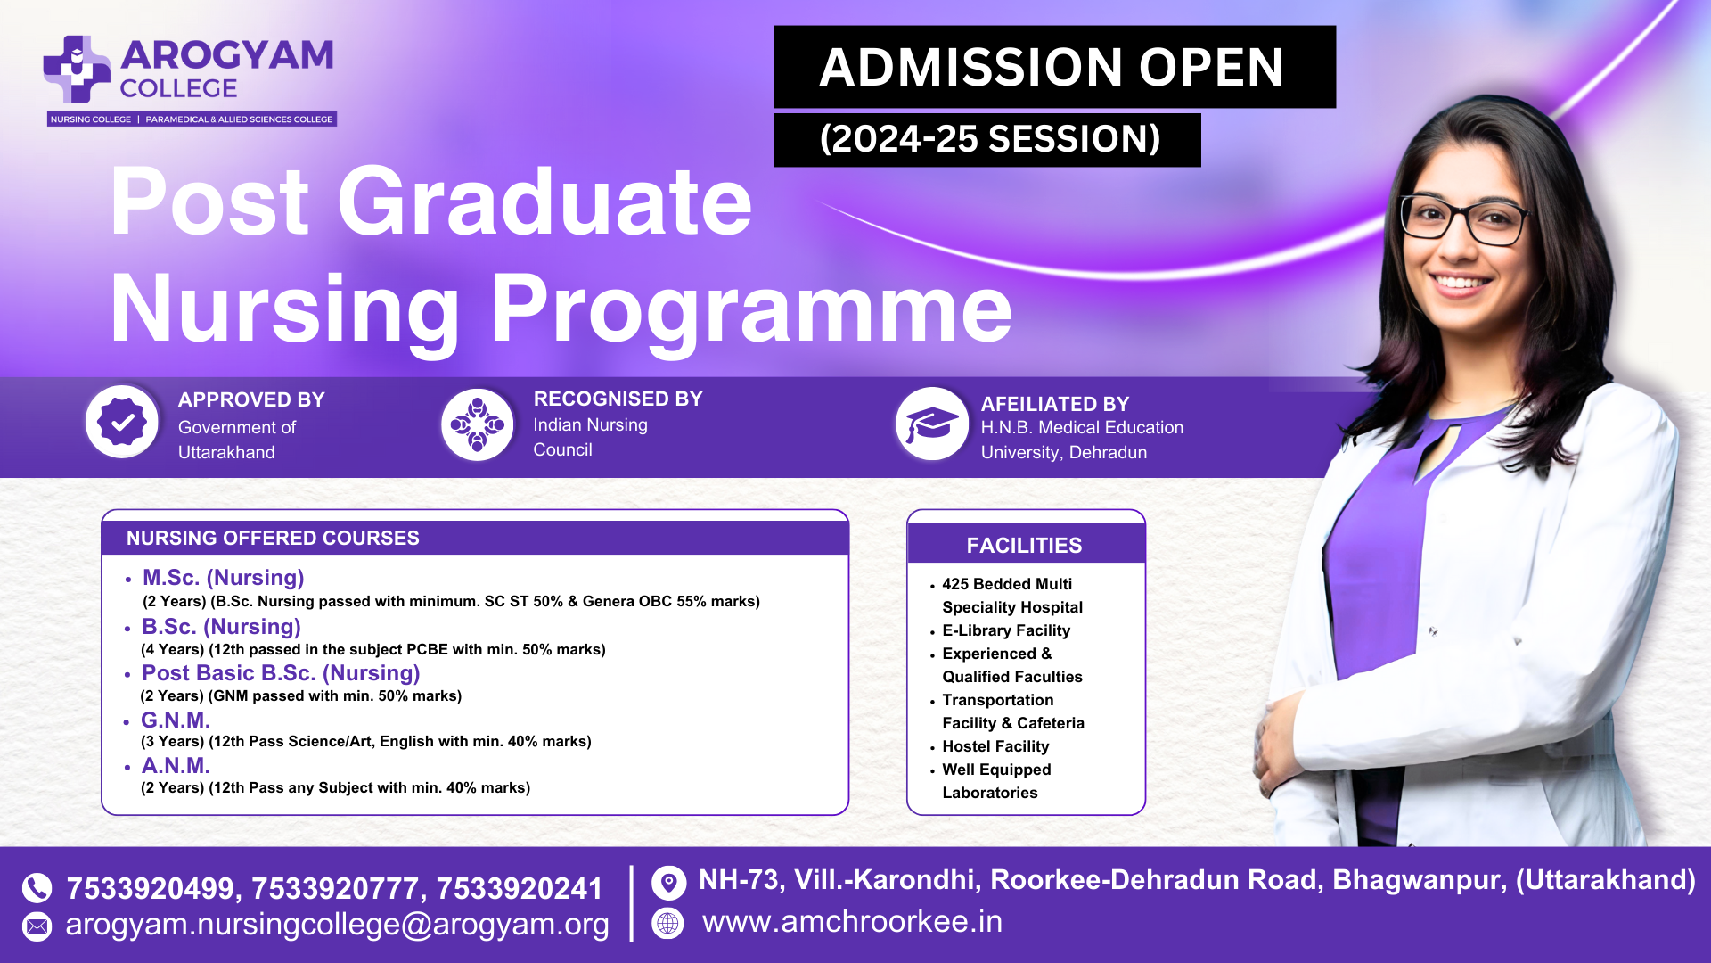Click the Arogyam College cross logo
pos(77,69)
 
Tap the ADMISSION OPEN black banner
pos(1054,67)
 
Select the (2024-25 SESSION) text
pos(989,139)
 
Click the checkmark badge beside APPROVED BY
pos(122,423)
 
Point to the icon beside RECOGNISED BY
pos(478,424)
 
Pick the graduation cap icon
pos(932,424)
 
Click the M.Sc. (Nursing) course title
pos(224,578)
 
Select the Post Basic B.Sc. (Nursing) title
pos(281,673)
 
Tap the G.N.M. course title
pos(176,720)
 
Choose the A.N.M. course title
pos(176,766)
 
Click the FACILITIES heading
pos(1025,546)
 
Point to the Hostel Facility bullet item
pos(995,746)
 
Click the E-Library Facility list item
pos(1006,630)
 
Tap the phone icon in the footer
pos(37,887)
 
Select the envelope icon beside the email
pos(37,926)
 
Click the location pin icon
pos(669,883)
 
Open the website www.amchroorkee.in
pos(852,922)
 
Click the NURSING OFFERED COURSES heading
pos(273,539)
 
